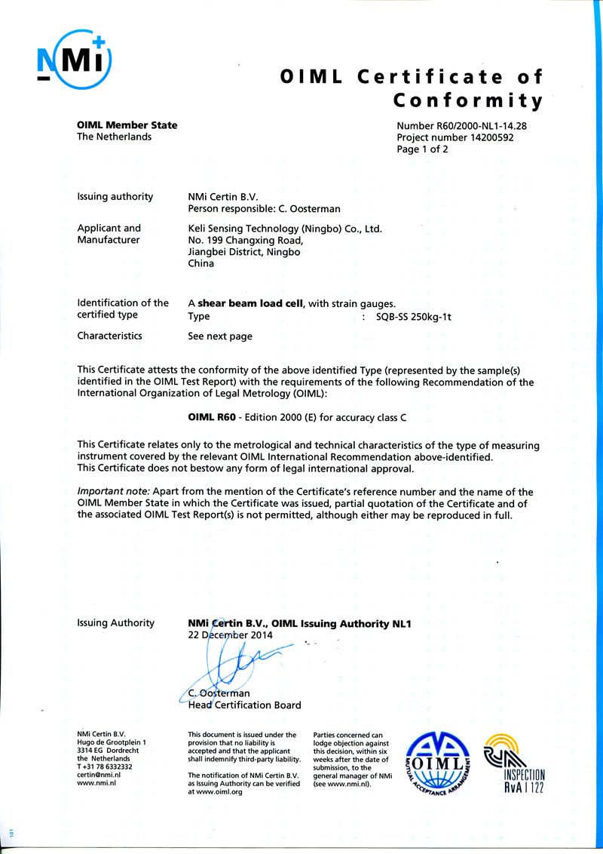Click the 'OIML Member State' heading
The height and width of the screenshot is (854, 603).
[x=127, y=125]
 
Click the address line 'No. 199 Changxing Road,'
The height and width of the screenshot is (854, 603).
[x=246, y=240]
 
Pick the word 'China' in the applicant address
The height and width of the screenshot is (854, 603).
[x=200, y=263]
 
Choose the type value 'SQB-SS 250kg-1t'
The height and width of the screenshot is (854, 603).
[x=413, y=317]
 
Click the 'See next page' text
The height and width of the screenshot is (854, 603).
[x=220, y=336]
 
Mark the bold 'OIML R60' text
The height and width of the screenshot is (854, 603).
[x=210, y=416]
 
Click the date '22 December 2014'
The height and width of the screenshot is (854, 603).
[x=230, y=635]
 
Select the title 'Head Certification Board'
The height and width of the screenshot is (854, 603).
[x=244, y=705]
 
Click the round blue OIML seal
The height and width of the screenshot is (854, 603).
[x=437, y=763]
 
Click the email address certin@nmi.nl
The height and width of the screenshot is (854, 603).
[x=99, y=774]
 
